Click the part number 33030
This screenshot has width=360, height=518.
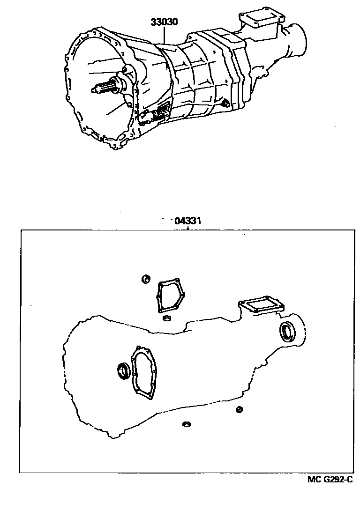(x=164, y=22)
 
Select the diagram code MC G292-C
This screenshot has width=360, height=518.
(x=330, y=479)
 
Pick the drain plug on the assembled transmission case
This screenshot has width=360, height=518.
(x=225, y=103)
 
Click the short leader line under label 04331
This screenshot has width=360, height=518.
(x=187, y=228)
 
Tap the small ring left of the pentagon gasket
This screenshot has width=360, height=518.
(x=146, y=280)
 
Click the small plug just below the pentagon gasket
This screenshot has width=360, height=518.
(x=165, y=319)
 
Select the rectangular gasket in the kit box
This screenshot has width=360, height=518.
(x=261, y=307)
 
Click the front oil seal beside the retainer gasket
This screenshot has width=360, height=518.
(x=124, y=370)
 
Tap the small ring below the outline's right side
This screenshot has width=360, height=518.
(x=239, y=410)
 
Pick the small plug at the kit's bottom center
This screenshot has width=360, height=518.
(x=186, y=424)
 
